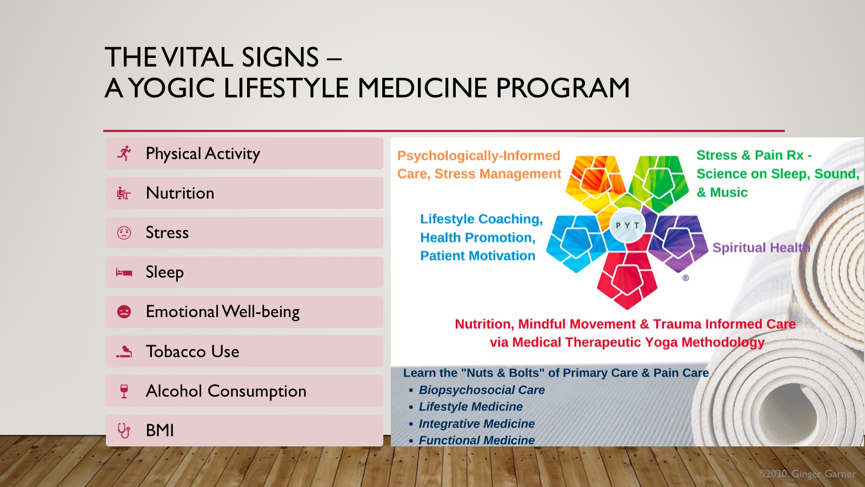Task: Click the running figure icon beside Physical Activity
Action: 124,154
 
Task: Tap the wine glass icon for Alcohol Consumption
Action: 124,391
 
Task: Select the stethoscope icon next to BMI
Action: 124,431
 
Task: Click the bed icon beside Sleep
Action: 124,273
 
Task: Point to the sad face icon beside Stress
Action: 124,233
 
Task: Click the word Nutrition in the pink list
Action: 180,193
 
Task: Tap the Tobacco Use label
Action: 192,351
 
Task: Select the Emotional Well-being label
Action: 223,312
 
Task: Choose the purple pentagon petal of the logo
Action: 678,241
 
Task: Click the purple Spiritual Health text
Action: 761,247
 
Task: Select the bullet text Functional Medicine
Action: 476,440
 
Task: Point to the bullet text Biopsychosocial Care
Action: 482,390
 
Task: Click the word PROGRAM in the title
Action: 563,88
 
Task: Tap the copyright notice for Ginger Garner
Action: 806,474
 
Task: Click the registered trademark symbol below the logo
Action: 686,278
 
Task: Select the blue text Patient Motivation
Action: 478,255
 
